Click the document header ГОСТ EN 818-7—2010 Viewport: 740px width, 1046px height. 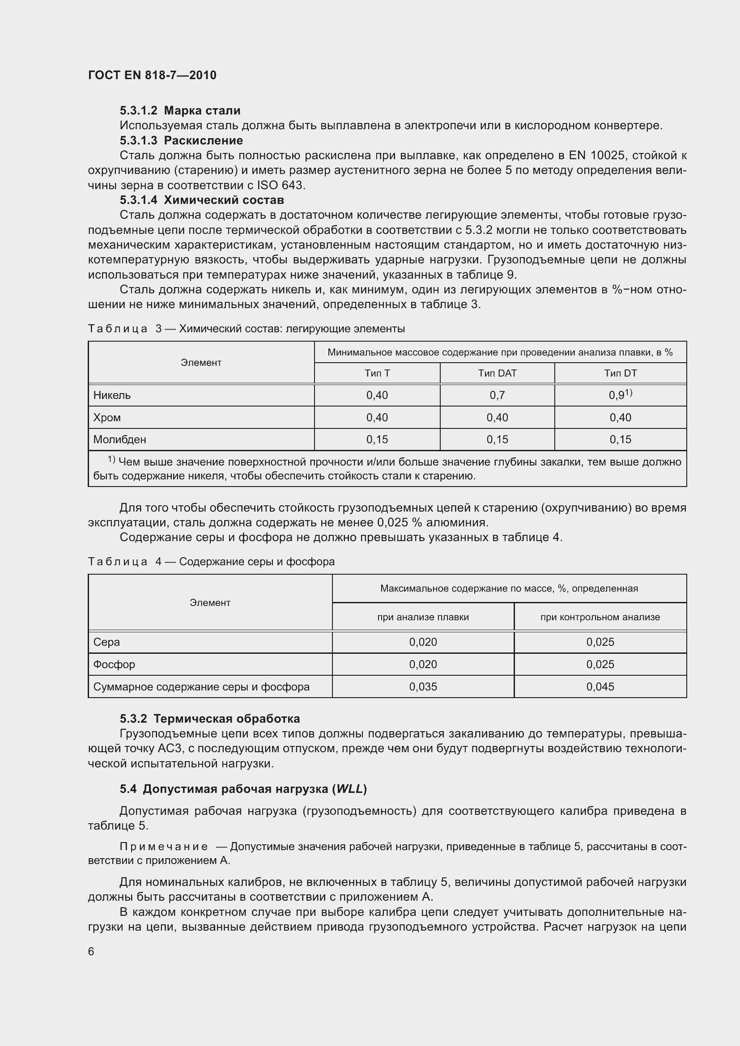point(152,75)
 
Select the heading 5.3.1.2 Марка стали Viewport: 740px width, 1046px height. point(180,111)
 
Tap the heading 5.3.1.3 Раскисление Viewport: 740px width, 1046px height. point(181,140)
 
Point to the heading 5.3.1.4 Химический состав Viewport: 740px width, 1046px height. point(201,200)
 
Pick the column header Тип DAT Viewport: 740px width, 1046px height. point(497,373)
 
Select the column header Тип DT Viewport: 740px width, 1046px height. point(620,373)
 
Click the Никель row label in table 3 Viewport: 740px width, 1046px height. point(112,395)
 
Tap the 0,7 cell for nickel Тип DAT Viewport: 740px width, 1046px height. point(497,395)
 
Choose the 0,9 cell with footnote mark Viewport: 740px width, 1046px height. point(620,395)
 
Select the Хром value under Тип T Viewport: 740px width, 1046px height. point(377,418)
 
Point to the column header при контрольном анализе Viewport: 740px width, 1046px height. point(600,617)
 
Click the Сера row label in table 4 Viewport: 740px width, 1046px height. point(106,642)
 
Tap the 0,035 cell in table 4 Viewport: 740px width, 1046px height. point(423,686)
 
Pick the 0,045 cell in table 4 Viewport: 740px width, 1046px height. point(600,686)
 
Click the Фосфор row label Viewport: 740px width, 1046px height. point(114,665)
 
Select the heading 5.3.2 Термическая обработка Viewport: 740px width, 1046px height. point(209,719)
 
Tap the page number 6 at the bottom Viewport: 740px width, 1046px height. point(91,951)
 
